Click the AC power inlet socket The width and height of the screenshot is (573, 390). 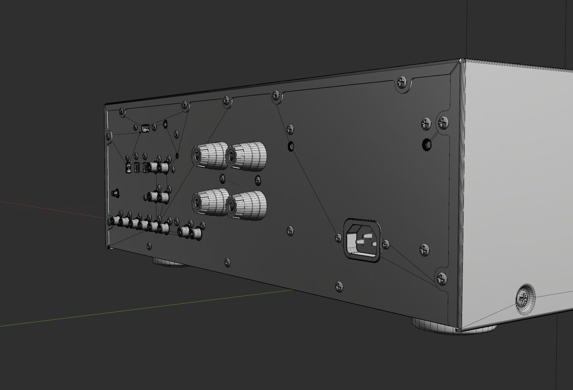point(362,241)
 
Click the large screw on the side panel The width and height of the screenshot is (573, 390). point(525,298)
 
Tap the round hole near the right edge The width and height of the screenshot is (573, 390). point(427,145)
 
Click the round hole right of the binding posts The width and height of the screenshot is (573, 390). point(291,147)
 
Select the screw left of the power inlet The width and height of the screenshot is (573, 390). point(339,238)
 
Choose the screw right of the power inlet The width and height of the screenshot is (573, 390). point(386,244)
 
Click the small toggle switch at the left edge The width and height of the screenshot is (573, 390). point(115,193)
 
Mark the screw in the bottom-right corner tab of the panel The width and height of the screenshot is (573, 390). point(442,278)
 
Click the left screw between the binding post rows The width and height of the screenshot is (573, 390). point(223,179)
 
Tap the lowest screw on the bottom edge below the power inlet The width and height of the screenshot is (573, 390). point(339,286)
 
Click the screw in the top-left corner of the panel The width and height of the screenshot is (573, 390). point(121,111)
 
